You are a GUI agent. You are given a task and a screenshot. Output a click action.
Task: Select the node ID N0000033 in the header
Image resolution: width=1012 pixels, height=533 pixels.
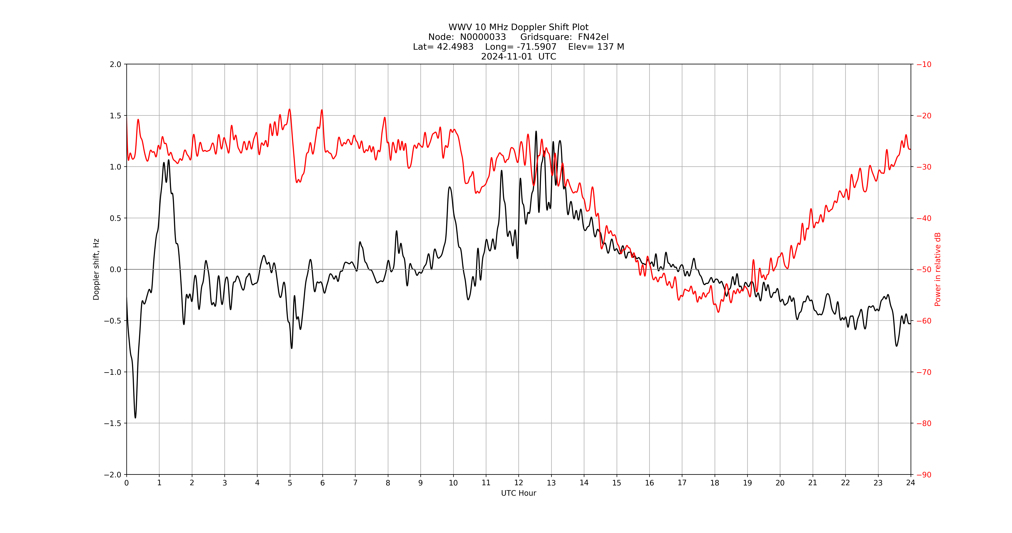(x=483, y=37)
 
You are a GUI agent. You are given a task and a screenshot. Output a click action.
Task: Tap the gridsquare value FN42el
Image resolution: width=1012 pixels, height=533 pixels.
(x=593, y=37)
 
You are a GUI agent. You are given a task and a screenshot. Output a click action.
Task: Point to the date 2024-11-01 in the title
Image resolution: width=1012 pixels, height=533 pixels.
(x=506, y=56)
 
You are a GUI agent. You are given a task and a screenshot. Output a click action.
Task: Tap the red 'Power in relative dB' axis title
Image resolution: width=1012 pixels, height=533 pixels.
(x=938, y=269)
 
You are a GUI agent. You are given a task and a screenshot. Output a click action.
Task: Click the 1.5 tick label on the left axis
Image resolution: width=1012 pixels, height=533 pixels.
(x=115, y=116)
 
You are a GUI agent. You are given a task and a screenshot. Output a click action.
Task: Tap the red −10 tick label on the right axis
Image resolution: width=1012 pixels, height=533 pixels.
(x=924, y=64)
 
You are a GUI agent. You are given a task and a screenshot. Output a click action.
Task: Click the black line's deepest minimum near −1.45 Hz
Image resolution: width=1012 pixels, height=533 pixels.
(x=135, y=417)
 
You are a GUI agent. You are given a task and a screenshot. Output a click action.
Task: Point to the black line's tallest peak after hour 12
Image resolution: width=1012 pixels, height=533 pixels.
(x=536, y=132)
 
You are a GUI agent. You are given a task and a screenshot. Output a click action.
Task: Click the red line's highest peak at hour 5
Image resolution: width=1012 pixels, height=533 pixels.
(x=290, y=109)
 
